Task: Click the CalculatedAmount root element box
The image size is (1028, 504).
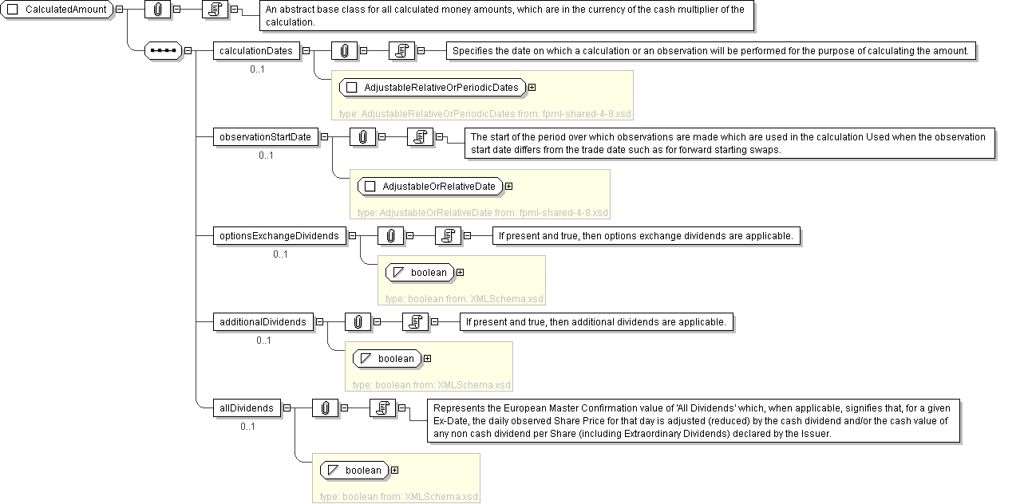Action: point(59,10)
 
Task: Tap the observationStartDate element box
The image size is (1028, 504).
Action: point(266,137)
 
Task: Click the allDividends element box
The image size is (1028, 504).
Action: point(247,408)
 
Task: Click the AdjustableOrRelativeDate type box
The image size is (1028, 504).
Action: point(431,187)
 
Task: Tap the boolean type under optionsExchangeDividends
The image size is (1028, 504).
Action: point(420,273)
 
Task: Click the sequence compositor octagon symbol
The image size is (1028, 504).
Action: point(163,51)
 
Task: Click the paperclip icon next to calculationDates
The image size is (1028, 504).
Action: point(344,51)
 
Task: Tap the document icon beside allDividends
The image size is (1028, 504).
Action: point(382,408)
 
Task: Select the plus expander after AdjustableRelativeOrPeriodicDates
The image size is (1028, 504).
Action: point(532,88)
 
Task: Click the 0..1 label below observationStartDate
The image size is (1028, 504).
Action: point(266,156)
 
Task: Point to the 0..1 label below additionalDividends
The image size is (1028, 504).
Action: point(263,341)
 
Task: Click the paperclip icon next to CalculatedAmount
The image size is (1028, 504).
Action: point(157,10)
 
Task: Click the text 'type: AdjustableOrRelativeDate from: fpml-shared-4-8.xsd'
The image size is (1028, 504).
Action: point(482,213)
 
